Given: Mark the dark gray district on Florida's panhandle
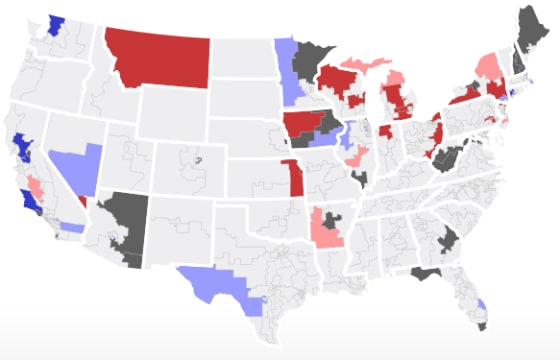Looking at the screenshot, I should pyautogui.click(x=426, y=272).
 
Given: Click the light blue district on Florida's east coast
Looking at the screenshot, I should pyautogui.click(x=482, y=305).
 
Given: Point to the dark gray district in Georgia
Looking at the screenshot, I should pyautogui.click(x=448, y=238).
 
